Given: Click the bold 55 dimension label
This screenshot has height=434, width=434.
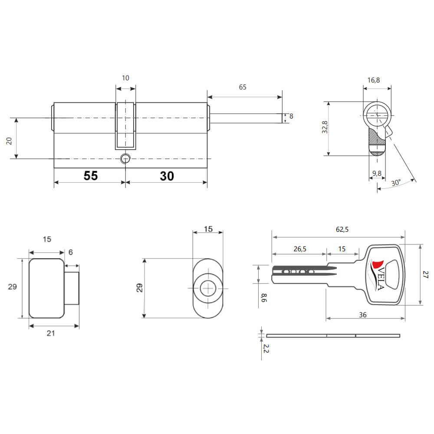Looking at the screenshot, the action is pyautogui.click(x=91, y=176).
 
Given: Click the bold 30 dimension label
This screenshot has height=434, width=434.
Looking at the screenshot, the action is pyautogui.click(x=167, y=176).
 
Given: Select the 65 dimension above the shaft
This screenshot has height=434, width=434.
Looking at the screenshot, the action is pyautogui.click(x=243, y=87).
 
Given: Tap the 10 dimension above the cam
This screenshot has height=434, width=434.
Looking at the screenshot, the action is pyautogui.click(x=125, y=78).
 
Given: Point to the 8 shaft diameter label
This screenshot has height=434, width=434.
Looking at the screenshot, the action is pyautogui.click(x=291, y=116).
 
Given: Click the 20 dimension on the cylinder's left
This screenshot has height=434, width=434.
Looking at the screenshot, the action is pyautogui.click(x=9, y=141).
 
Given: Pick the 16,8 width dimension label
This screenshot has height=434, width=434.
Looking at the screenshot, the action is pyautogui.click(x=373, y=80).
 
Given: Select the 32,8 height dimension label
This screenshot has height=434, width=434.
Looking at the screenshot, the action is pyautogui.click(x=325, y=127).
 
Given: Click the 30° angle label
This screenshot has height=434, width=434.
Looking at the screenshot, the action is pyautogui.click(x=396, y=183).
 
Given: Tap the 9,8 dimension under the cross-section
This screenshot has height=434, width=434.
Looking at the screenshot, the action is pyautogui.click(x=377, y=174).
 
